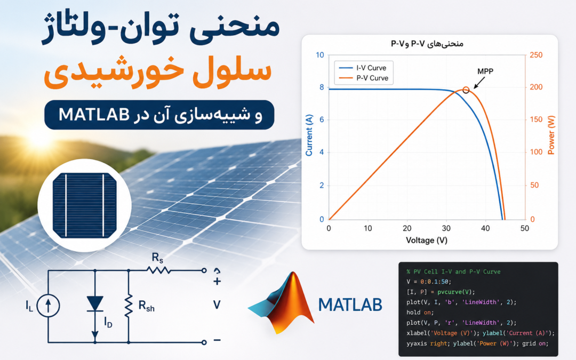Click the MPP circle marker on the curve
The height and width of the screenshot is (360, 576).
coord(466,90)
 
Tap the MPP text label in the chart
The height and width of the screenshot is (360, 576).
coord(485,71)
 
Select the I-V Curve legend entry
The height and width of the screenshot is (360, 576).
coord(363,68)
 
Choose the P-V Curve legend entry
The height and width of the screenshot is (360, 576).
coord(363,78)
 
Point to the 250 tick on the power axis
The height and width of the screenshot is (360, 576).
coord(536,55)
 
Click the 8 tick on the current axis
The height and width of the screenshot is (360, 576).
coord(322,87)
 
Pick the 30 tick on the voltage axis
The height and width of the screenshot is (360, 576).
coord(446,228)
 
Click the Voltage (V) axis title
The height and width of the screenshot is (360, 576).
coord(427,240)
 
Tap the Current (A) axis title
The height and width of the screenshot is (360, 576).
coord(309,135)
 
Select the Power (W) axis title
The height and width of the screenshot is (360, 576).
coord(551,135)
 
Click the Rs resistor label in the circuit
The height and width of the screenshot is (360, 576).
coord(157,258)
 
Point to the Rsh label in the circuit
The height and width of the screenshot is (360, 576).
coord(146,306)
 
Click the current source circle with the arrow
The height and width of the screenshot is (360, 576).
coord(48,306)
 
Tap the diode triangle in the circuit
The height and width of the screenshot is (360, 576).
coord(95,304)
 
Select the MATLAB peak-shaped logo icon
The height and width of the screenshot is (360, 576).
coord(282,302)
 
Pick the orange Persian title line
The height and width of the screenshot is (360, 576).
coord(158,71)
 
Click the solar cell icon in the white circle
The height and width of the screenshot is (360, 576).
coord(85,205)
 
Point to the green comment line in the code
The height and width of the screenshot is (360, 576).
coord(453,272)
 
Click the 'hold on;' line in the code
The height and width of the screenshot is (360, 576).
coord(420,313)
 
